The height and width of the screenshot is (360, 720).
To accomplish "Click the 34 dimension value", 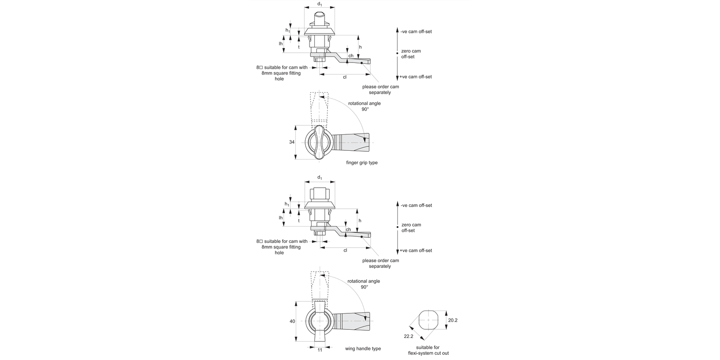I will (x=292, y=143).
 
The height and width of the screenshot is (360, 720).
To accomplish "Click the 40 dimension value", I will (x=292, y=321).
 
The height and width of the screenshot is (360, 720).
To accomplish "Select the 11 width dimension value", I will (x=320, y=350).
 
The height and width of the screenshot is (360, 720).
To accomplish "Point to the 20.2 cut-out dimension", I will (x=453, y=320).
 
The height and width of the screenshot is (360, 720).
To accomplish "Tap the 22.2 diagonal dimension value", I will (x=408, y=336).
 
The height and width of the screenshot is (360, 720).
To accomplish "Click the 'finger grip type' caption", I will (x=361, y=163).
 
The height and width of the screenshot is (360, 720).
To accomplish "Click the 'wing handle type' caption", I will (x=363, y=348).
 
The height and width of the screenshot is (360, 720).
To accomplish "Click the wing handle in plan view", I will (x=320, y=321).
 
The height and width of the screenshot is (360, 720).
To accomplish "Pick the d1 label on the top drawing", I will (x=320, y=4).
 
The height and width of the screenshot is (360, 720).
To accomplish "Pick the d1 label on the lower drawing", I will (x=320, y=178).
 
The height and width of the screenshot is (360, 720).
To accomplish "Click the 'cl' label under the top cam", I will (x=345, y=77).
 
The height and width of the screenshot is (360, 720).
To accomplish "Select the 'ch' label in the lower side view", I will (x=348, y=229).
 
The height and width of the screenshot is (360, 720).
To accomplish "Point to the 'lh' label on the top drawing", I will (x=281, y=44).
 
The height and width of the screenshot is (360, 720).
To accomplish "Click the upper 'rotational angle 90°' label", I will (x=364, y=106).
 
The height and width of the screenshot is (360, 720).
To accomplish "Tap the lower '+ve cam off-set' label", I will (x=416, y=251).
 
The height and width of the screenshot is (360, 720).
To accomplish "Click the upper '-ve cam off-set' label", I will (x=416, y=32).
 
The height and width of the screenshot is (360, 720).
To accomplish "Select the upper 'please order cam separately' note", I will (x=380, y=89).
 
